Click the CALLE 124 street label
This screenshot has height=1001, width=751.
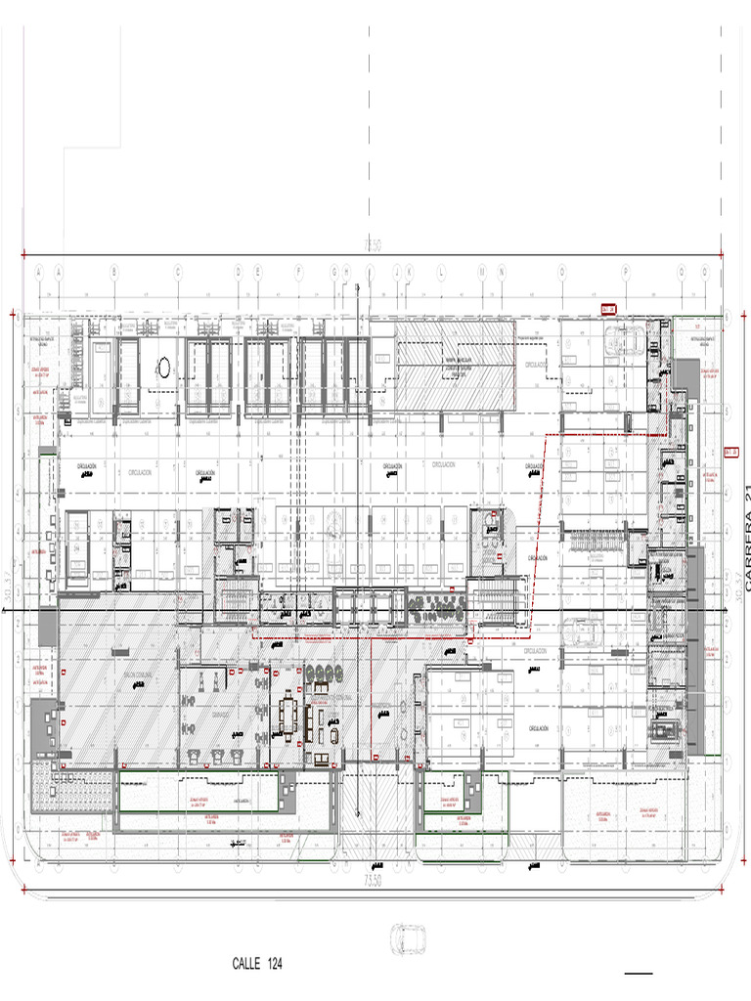coord(257,964)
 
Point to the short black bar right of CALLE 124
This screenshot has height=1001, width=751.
coord(638,974)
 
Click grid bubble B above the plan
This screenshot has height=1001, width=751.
coord(113,271)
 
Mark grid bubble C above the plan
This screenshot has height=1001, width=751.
coord(177,271)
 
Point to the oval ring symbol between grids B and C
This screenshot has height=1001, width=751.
coord(164,367)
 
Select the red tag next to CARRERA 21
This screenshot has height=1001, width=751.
coord(729,452)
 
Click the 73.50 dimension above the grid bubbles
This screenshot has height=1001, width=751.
coord(373,244)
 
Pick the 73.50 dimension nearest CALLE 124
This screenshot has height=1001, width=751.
coord(373,881)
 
